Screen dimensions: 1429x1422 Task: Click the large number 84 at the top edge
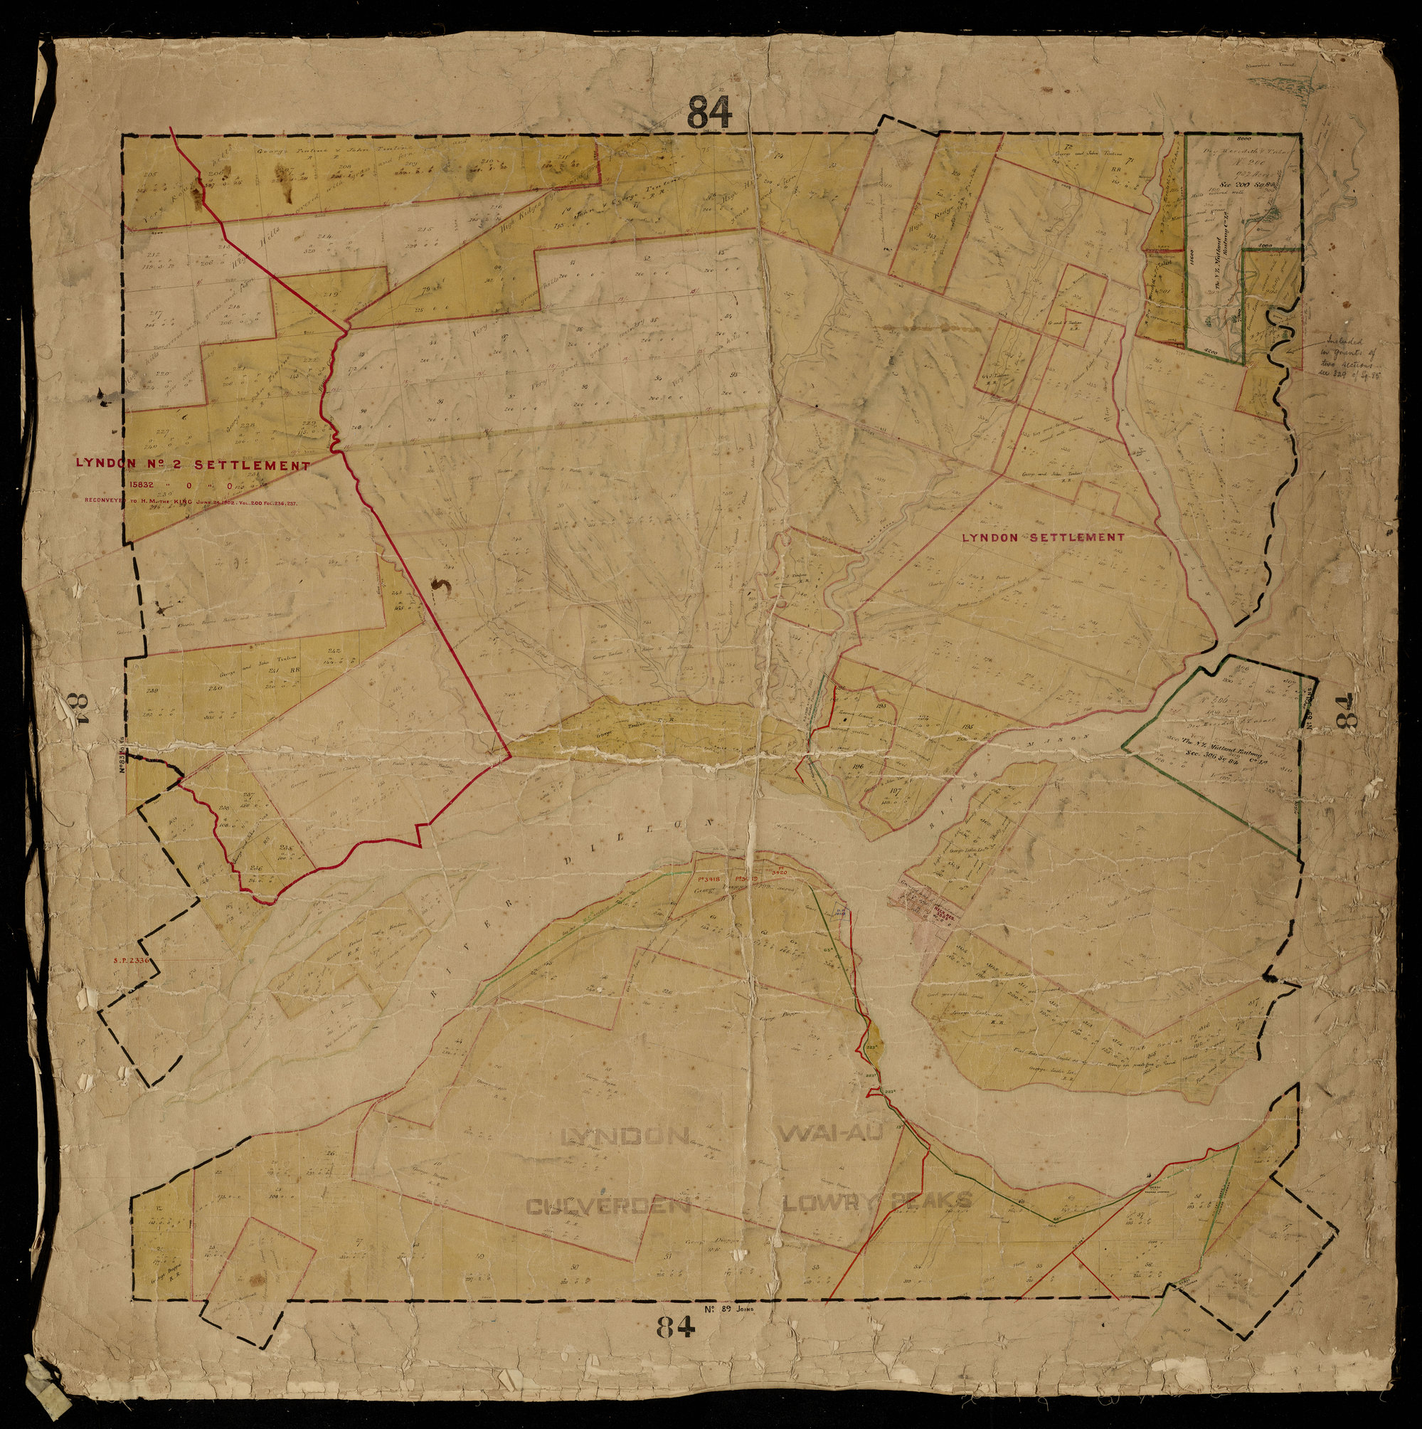(710, 113)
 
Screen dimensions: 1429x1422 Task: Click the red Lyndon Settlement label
(1043, 538)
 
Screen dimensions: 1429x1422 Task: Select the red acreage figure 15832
(141, 486)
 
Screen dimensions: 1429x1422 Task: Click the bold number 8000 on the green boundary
(1201, 139)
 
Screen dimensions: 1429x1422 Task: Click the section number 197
(895, 791)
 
